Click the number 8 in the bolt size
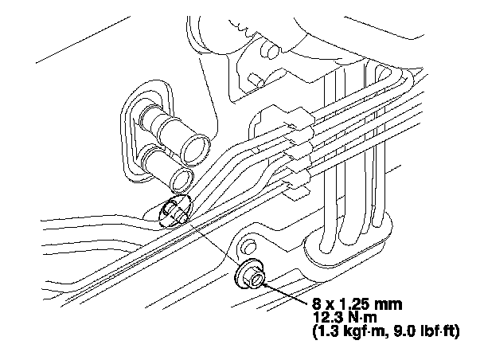pyautogui.click(x=319, y=303)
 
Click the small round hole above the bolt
pyautogui.click(x=248, y=241)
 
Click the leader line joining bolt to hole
pyautogui.click(x=211, y=243)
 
